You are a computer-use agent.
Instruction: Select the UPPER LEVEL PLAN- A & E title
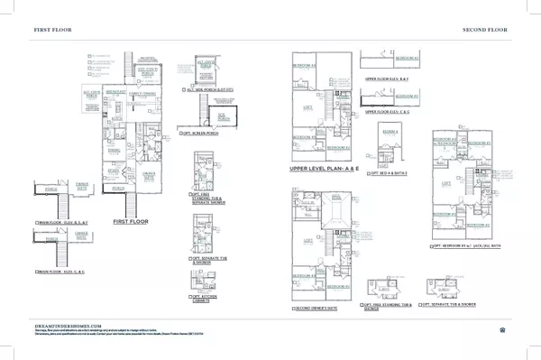[321, 169]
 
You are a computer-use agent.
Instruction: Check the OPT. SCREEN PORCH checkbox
[183, 131]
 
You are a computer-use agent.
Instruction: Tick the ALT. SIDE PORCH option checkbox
[183, 89]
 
